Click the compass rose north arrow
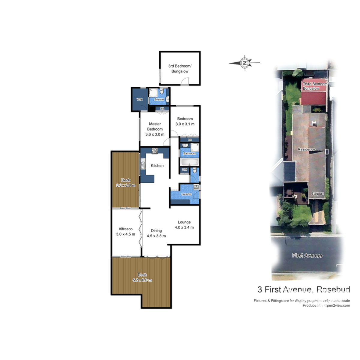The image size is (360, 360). coord(245,63)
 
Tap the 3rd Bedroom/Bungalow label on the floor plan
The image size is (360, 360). coord(180,69)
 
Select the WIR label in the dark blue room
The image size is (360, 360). coord(139,99)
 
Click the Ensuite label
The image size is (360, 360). coord(159,99)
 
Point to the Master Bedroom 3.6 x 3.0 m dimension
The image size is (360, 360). coord(155,134)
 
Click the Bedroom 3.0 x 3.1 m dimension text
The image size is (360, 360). coord(185,124)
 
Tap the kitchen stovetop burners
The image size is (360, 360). coord(154,151)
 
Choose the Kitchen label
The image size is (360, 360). coord(157,166)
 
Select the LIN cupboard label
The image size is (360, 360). coord(185,170)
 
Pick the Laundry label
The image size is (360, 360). coord(186,194)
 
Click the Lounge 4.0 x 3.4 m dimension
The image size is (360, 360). coord(184,227)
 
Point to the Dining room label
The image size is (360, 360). coord(156,231)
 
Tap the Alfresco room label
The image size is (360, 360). coord(125,229)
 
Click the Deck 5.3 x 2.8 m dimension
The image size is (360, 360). coord(126,185)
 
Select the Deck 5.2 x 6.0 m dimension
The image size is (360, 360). coord(142,280)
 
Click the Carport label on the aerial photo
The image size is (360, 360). coord(317,193)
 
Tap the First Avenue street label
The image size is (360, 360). coord(307,255)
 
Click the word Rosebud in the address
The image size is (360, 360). coord(333,289)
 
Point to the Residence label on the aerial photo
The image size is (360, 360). coord(306,149)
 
